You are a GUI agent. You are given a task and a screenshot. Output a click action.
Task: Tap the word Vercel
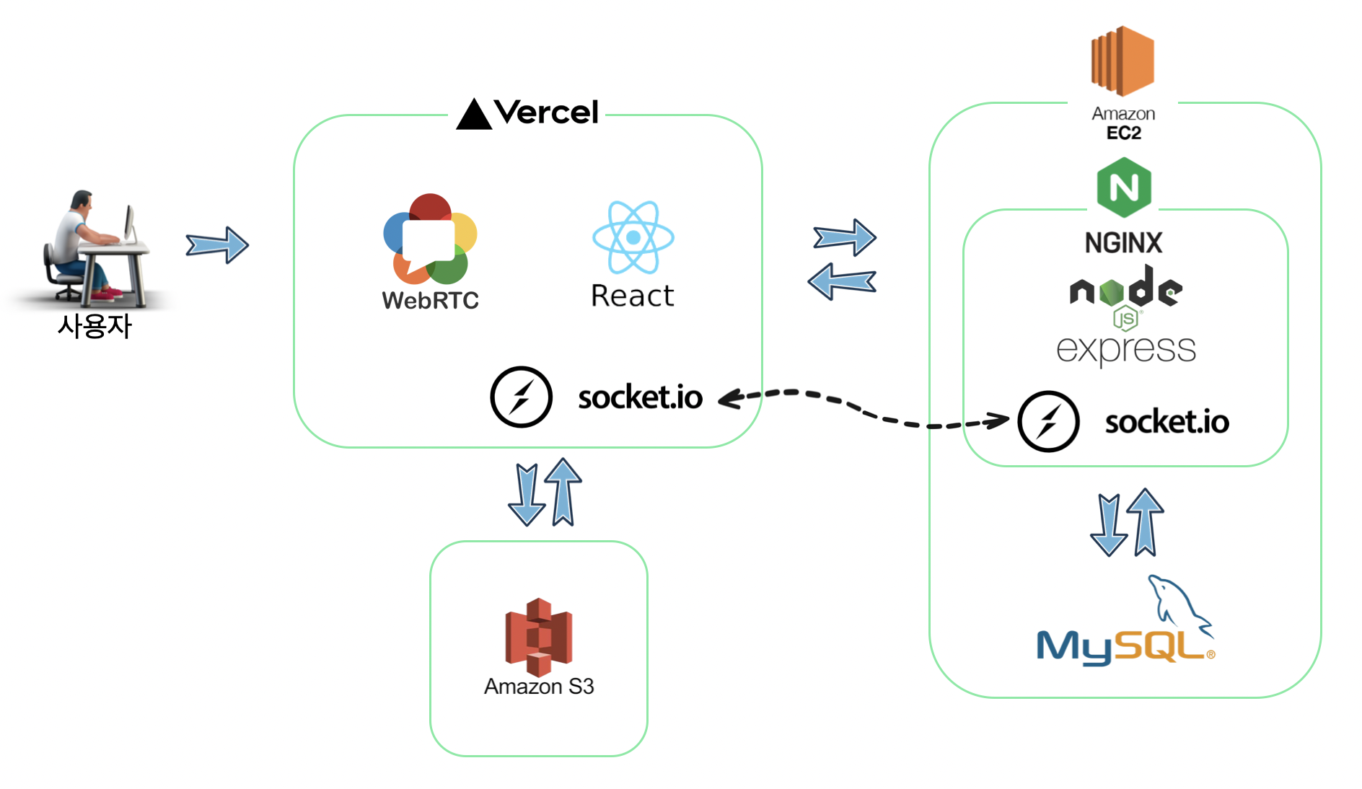(x=547, y=113)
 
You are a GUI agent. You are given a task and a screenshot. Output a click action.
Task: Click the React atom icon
(x=633, y=237)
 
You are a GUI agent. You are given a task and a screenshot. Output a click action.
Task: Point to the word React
(x=632, y=296)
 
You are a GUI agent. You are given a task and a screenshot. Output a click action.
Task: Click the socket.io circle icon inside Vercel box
(x=521, y=397)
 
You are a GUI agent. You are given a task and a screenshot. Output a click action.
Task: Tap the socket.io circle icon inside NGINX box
(x=1048, y=422)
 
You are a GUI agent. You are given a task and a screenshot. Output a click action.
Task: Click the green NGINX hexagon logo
(x=1123, y=188)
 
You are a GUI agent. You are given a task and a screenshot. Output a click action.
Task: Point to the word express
(x=1125, y=349)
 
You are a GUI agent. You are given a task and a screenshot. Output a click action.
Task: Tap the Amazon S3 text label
(x=539, y=686)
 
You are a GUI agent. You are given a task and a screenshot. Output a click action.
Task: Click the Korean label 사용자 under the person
(x=95, y=326)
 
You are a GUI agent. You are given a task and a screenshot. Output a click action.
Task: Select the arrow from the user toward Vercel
(x=217, y=245)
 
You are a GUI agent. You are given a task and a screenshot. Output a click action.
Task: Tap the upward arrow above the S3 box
(x=563, y=492)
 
